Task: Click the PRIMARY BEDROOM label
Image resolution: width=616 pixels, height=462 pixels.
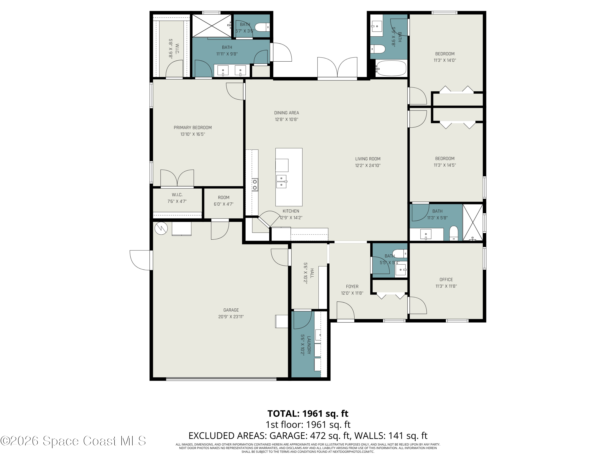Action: pyautogui.click(x=193, y=128)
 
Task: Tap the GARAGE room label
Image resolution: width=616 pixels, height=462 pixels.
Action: pyautogui.click(x=231, y=310)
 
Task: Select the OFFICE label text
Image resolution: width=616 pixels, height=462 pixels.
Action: pyautogui.click(x=446, y=280)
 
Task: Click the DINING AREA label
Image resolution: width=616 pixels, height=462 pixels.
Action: pyautogui.click(x=287, y=113)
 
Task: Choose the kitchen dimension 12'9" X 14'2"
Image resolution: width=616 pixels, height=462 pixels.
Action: pyautogui.click(x=291, y=218)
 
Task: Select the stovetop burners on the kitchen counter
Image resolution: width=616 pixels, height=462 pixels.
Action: pyautogui.click(x=255, y=185)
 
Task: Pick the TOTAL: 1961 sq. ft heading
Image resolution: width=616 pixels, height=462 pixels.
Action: pyautogui.click(x=308, y=414)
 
